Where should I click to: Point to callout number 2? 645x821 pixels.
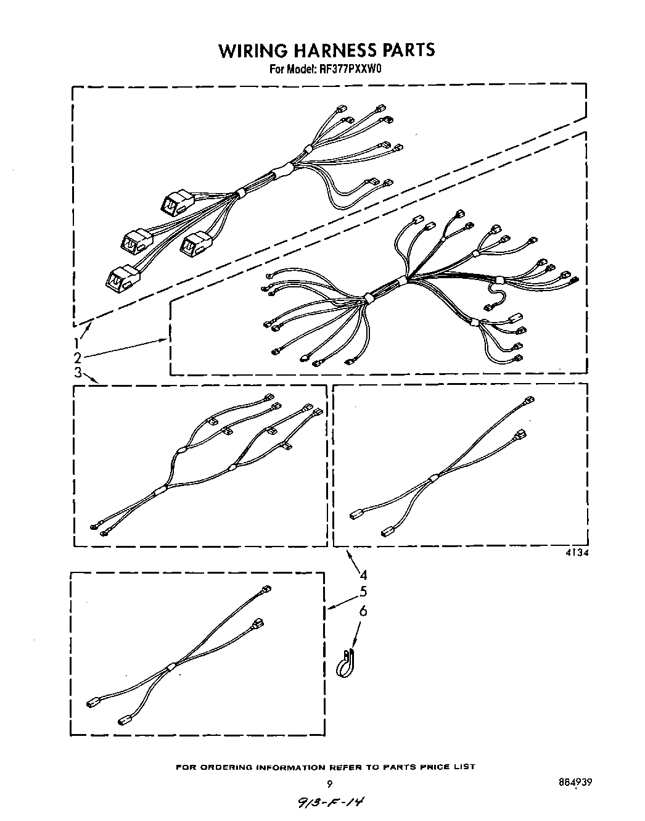point(78,358)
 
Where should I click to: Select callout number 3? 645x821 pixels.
point(78,373)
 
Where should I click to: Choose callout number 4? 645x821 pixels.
point(363,575)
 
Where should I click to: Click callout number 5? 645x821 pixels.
point(363,592)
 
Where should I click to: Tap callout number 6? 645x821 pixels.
point(363,611)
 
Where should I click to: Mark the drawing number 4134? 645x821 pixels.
point(577,553)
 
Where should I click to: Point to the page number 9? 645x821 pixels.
point(330,785)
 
